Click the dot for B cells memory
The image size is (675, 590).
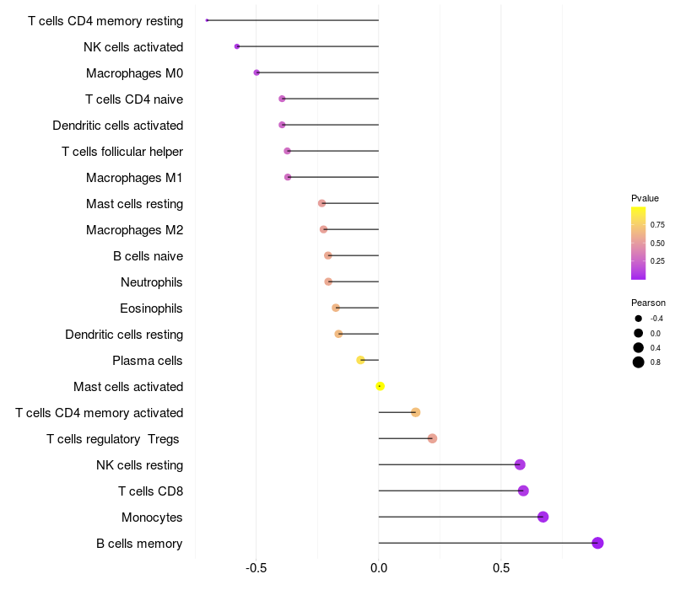coord(597,543)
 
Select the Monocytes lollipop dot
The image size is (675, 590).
coord(543,517)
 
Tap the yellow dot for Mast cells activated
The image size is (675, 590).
coord(380,386)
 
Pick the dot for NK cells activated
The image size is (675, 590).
coord(237,46)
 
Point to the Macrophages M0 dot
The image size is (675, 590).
coord(256,72)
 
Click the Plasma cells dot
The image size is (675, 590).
coord(361,360)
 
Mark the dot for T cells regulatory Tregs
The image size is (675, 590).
coord(433,438)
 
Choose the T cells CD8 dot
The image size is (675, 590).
coord(523,491)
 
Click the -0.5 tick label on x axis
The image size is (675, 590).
coord(256,568)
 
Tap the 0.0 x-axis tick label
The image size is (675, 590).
coord(379,568)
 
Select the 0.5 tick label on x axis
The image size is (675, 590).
coord(501,568)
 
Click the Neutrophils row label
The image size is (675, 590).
coord(152,282)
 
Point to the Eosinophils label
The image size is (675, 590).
coord(151,308)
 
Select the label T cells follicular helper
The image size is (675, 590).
coord(122,152)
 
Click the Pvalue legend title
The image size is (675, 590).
coord(645,198)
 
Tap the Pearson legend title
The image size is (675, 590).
coord(648,303)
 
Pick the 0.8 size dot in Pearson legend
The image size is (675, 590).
coord(639,362)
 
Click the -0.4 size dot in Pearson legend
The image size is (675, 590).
coord(639,319)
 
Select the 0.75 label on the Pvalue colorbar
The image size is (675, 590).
coord(657,225)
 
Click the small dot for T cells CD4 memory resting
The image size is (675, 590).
coord(207,20)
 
